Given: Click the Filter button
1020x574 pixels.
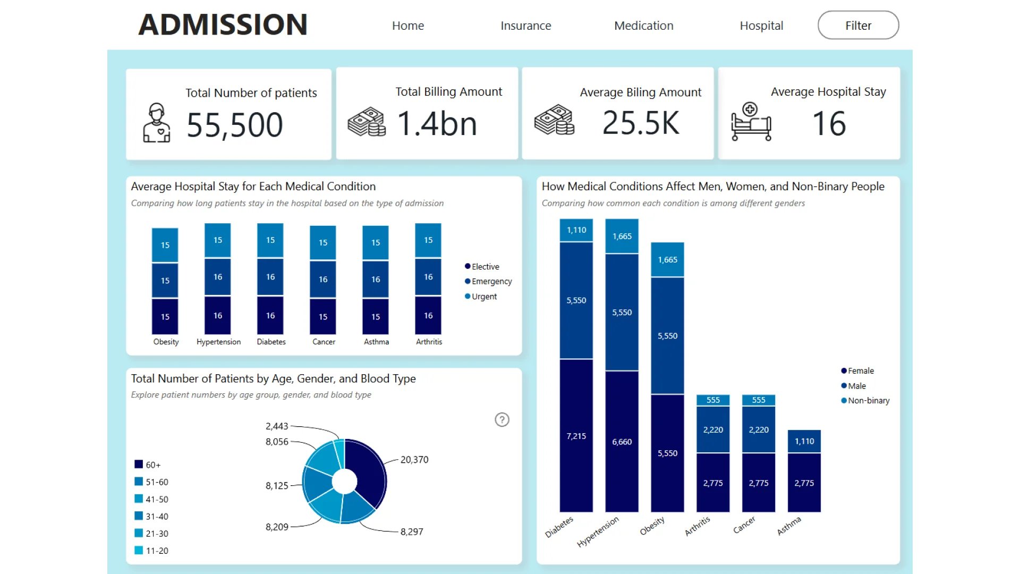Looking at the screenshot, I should coord(858,26).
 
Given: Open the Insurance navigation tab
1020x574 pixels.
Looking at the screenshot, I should coord(525,26).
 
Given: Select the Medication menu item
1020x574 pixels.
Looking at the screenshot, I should coord(643,26).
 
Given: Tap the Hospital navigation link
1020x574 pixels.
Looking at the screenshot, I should coord(761,26).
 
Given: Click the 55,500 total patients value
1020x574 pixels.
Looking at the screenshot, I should coord(234,125).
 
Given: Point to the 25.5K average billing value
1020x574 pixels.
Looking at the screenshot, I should coord(641,123).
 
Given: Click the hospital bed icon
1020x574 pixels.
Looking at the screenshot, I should coord(751,122).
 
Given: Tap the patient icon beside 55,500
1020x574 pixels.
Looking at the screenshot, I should coord(157,123).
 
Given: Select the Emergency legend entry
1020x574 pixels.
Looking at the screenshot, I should coord(488,281).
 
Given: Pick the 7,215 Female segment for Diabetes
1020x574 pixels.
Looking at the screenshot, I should coord(576,436).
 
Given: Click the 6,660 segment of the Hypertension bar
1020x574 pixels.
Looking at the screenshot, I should coord(622,442).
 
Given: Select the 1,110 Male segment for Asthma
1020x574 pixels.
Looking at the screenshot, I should coord(804,441).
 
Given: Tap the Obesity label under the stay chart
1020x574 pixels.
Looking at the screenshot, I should coord(166,342).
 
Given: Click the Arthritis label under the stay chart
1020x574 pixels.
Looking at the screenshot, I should coord(429,342).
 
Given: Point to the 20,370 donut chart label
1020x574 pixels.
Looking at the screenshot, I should coord(414,460).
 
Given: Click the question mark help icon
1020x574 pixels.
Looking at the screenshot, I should coord(502,420).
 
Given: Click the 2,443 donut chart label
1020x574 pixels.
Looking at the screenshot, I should coord(277,426).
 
